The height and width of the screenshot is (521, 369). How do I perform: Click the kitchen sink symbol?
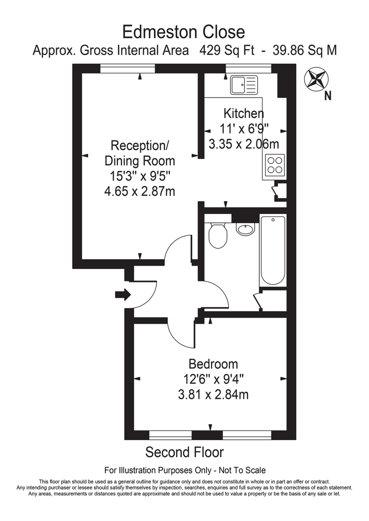click(x=244, y=85)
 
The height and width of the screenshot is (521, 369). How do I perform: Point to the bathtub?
click(x=273, y=251)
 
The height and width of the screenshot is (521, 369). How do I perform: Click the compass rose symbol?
click(x=316, y=79)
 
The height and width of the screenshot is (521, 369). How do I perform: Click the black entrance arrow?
click(x=123, y=295)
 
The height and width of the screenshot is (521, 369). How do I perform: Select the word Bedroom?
click(x=213, y=364)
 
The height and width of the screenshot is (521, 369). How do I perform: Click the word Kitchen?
click(x=243, y=114)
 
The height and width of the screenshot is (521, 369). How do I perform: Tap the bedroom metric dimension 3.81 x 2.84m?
click(x=213, y=394)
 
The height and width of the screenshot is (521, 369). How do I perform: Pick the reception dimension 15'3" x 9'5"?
click(x=140, y=176)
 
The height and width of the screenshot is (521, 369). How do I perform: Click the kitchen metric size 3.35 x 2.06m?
click(x=244, y=144)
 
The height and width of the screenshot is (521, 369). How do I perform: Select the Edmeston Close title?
click(x=184, y=32)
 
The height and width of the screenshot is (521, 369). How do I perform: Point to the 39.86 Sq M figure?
click(x=304, y=50)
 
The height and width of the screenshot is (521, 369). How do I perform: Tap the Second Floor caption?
click(x=184, y=452)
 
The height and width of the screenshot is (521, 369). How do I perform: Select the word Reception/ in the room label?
click(x=140, y=145)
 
